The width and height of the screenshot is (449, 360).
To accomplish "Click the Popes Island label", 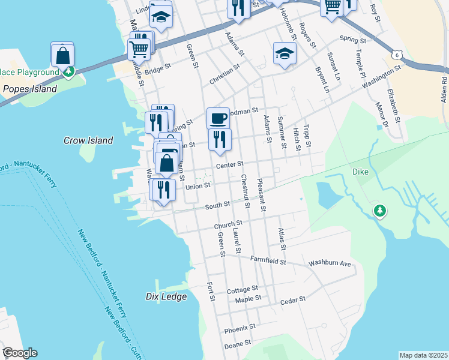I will pyautogui.click(x=29, y=89).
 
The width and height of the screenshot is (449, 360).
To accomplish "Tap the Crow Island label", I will pyautogui.click(x=88, y=140).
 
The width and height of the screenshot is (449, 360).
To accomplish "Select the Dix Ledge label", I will pyautogui.click(x=167, y=296).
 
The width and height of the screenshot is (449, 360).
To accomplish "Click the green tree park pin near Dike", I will pyautogui.click(x=379, y=211).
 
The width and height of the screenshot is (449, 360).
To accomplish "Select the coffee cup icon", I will pyautogui.click(x=218, y=117).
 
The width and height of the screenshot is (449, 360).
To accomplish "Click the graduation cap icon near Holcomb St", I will pyautogui.click(x=285, y=53).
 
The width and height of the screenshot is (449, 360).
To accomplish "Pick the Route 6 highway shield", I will pyautogui.click(x=397, y=55).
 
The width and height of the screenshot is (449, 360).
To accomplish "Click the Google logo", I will pyautogui.click(x=20, y=353).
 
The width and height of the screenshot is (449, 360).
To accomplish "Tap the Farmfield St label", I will pyautogui.click(x=268, y=261).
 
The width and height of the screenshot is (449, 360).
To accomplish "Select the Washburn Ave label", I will pyautogui.click(x=330, y=263).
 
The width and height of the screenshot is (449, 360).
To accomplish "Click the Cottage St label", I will pyautogui.click(x=242, y=290).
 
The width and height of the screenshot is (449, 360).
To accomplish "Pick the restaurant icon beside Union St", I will pyautogui.click(x=163, y=190).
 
